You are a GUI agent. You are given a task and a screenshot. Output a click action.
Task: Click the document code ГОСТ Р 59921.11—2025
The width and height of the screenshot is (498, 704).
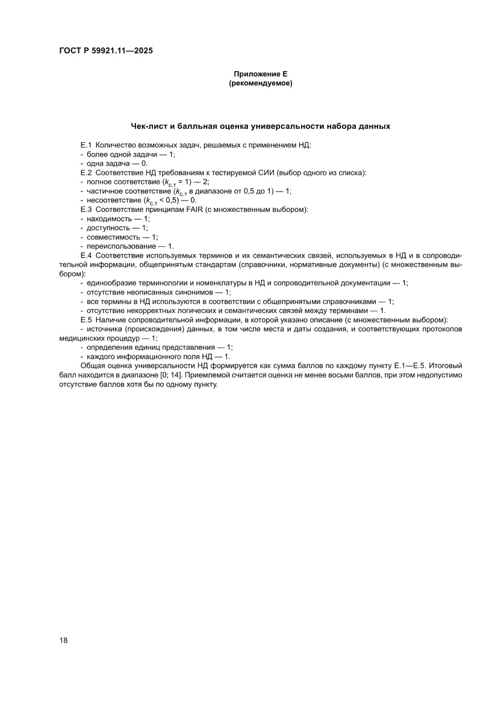(x=105, y=51)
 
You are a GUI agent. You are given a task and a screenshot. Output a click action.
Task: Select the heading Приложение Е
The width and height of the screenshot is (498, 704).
(x=261, y=74)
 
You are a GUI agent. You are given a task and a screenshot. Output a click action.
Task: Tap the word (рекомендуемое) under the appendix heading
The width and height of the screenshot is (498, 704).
(x=261, y=84)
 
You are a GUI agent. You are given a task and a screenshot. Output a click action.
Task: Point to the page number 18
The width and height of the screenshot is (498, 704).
(x=63, y=640)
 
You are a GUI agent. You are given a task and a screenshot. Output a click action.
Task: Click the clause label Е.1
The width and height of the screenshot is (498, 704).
(x=86, y=145)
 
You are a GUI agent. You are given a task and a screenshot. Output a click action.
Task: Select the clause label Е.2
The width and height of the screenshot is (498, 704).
(x=86, y=173)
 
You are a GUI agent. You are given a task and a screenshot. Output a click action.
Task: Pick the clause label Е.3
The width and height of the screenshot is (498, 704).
(x=86, y=209)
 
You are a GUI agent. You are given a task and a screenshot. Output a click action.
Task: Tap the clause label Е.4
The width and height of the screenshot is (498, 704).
(x=86, y=256)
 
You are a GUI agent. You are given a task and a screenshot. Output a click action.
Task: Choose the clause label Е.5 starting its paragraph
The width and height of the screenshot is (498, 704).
(x=86, y=319)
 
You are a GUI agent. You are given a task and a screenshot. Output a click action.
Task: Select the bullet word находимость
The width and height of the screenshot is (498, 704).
(x=108, y=219)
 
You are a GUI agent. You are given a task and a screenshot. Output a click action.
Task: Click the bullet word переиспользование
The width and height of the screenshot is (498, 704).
(x=121, y=246)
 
